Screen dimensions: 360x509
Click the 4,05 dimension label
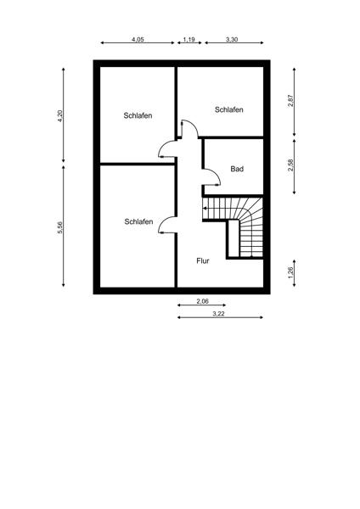(x=138, y=40)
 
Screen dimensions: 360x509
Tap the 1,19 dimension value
(x=188, y=40)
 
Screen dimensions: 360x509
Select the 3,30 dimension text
(x=232, y=40)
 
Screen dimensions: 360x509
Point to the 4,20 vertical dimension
(x=59, y=116)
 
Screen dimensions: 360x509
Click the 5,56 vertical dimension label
(x=59, y=227)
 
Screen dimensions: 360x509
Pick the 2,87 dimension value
(x=290, y=101)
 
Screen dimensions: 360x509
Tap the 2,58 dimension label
(x=290, y=165)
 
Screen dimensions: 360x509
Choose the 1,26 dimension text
(x=290, y=272)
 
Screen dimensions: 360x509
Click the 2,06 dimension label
(x=202, y=301)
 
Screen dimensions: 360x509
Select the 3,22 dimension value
(x=219, y=314)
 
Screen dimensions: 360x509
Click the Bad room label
(x=237, y=169)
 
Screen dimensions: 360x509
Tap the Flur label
(x=203, y=260)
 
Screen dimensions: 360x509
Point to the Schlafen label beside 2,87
(x=228, y=109)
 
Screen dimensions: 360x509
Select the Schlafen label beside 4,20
(x=138, y=115)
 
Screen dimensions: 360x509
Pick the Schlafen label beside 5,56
(x=138, y=221)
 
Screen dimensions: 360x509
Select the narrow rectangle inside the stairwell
(x=233, y=238)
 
